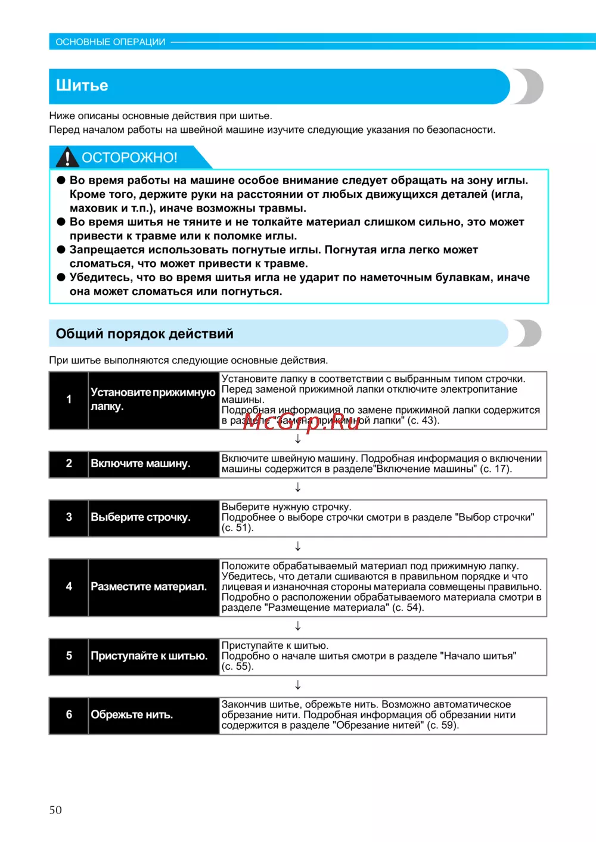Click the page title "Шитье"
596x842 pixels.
(82, 86)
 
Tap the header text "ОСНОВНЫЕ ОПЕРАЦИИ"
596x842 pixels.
(110, 42)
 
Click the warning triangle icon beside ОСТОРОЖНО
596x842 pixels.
(67, 157)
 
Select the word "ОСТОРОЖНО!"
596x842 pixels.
(129, 158)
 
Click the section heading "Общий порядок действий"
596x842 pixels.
(144, 334)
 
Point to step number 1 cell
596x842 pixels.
(69, 400)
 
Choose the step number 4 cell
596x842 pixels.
(69, 587)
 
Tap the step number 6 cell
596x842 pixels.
(69, 715)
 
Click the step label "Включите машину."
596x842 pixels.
(141, 464)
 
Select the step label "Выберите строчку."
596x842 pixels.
(141, 518)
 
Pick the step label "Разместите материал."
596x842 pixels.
(148, 587)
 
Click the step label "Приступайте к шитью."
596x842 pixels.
(149, 656)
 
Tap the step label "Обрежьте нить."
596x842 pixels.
(132, 715)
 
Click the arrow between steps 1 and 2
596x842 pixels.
(298, 439)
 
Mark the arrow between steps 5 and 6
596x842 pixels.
(298, 685)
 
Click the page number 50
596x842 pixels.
(55, 810)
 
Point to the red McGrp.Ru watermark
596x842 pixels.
(302, 421)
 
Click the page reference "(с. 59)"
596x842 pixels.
(443, 726)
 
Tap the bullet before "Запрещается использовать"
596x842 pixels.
(61, 250)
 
